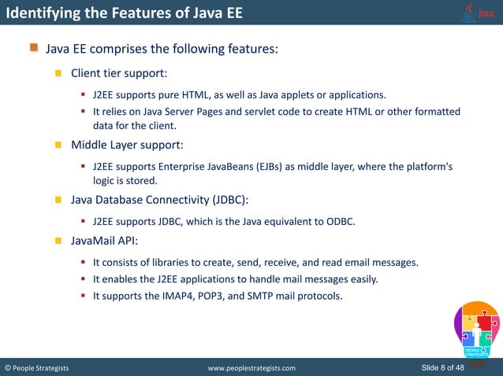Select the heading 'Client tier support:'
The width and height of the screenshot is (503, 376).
tap(118, 73)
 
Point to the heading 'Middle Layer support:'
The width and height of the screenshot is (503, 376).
tap(127, 145)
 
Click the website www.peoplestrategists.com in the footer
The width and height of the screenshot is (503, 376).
tap(251, 367)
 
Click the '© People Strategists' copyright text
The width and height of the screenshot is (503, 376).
tap(37, 367)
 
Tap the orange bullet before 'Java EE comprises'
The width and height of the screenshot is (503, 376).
tap(34, 49)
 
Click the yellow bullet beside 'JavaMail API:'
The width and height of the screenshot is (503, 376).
tap(58, 241)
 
